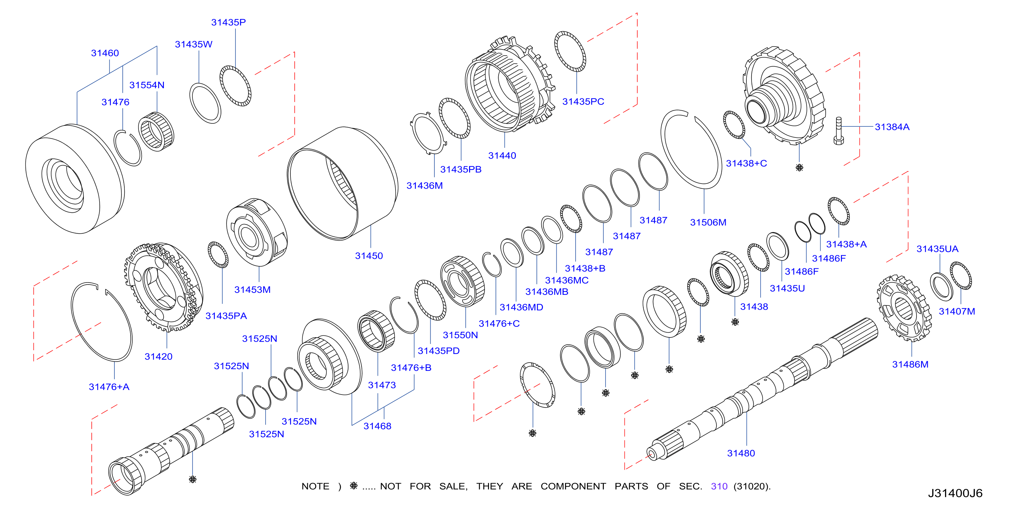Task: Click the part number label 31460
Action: pyautogui.click(x=105, y=53)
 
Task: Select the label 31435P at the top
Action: pyautogui.click(x=228, y=22)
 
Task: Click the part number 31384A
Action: pyautogui.click(x=892, y=127)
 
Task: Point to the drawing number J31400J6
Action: pyautogui.click(x=955, y=493)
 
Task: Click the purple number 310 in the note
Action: pyautogui.click(x=719, y=486)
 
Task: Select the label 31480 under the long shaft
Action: pyautogui.click(x=741, y=453)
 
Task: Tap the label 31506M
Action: pyautogui.click(x=708, y=222)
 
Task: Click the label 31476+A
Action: pyautogui.click(x=109, y=387)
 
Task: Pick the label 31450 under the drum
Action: pyautogui.click(x=369, y=256)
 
